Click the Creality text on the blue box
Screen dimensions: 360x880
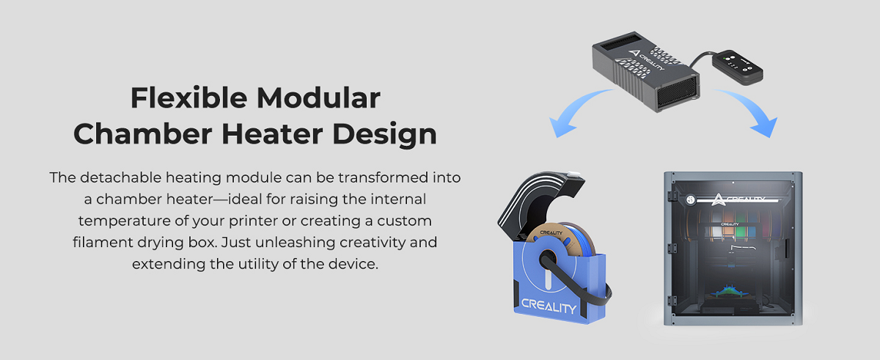pyautogui.click(x=549, y=304)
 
